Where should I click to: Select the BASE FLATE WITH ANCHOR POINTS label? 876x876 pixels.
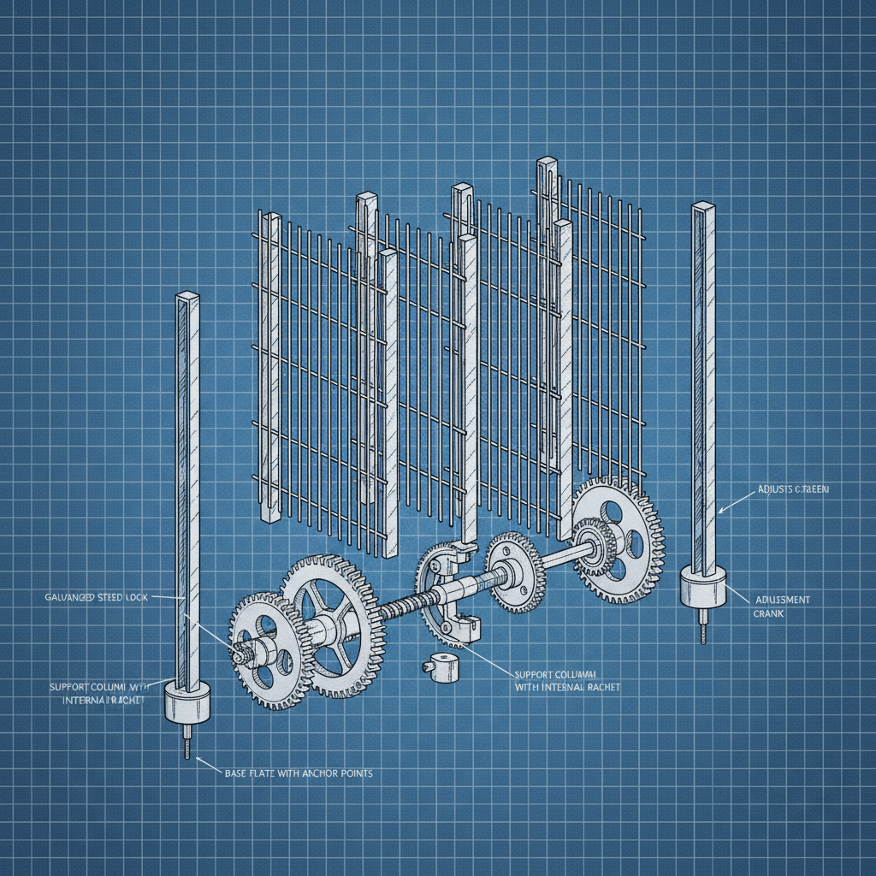point(298,772)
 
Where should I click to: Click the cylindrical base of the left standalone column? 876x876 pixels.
point(186,704)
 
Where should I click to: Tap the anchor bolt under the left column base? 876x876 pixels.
point(186,741)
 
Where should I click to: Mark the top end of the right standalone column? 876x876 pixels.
point(703,207)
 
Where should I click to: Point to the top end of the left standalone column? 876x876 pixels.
point(186,298)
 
